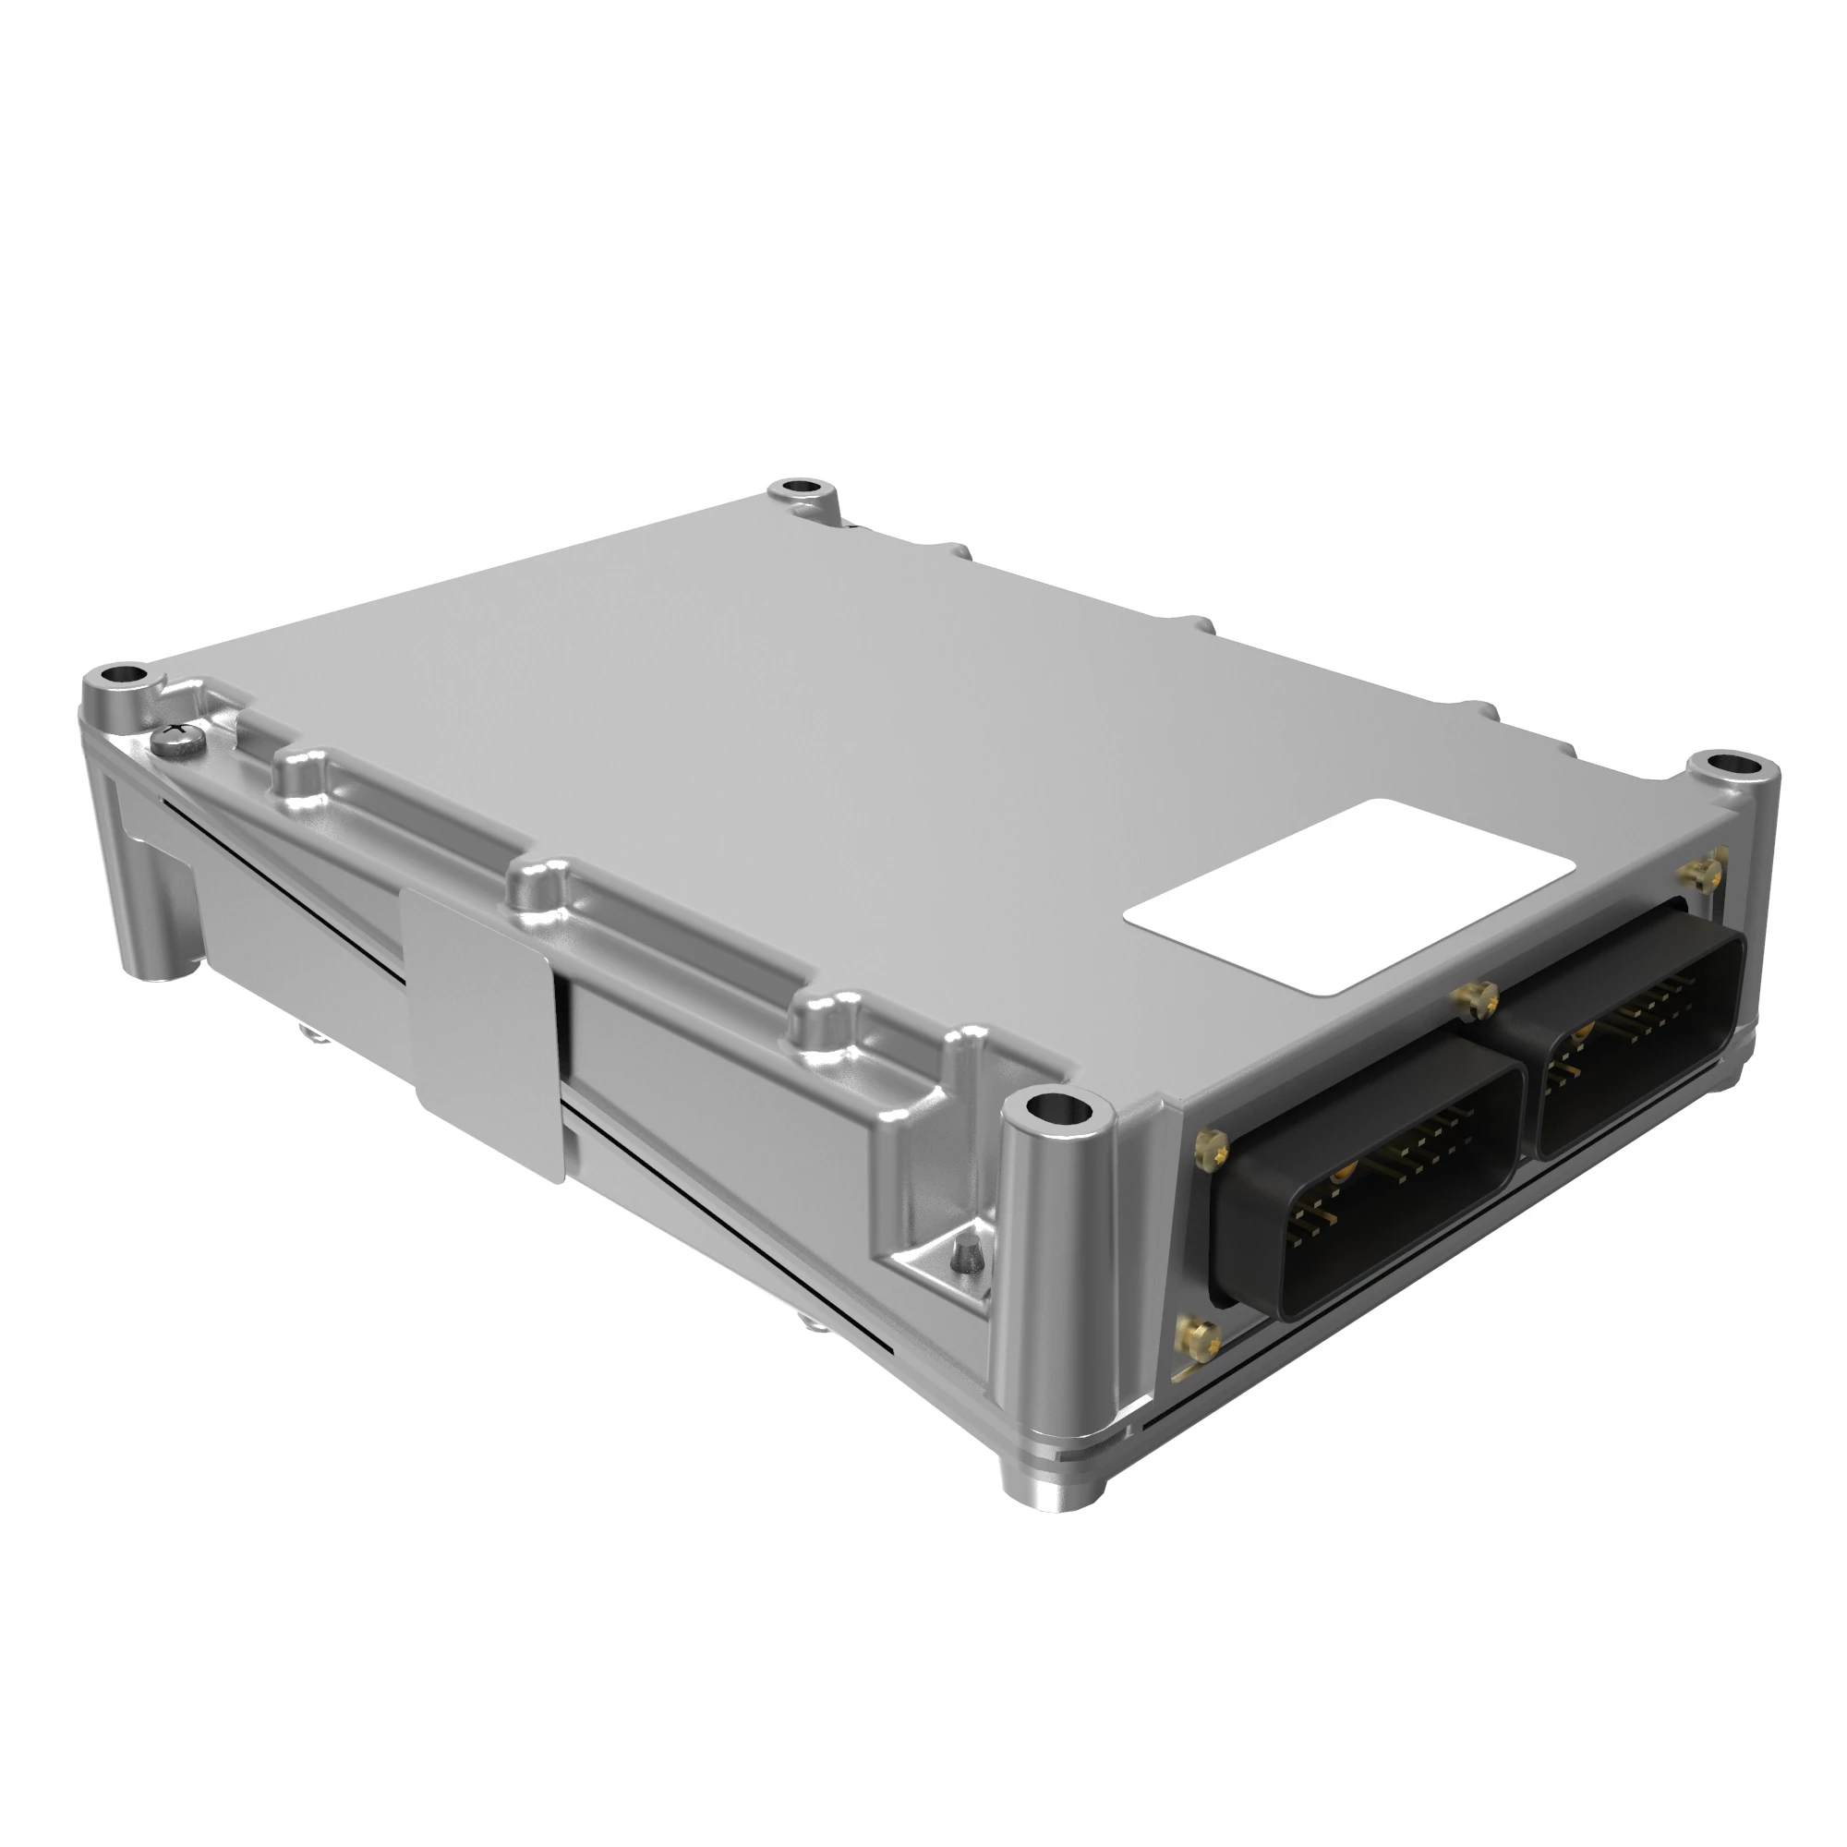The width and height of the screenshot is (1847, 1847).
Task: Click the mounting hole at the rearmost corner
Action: (x=801, y=489)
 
